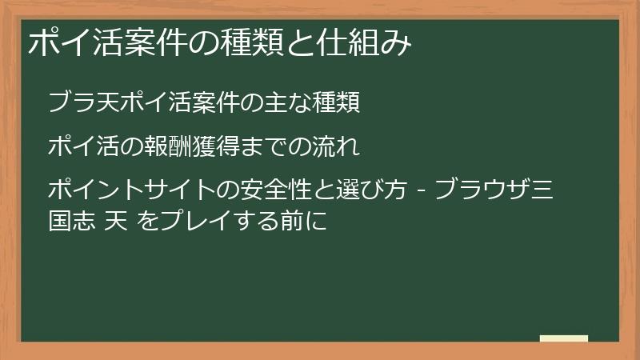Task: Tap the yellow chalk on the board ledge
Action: (564, 338)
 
